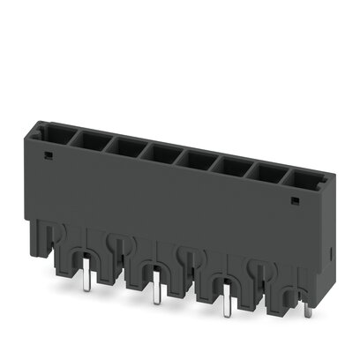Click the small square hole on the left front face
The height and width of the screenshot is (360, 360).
(47, 157)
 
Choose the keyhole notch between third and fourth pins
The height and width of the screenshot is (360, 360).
(259, 267)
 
